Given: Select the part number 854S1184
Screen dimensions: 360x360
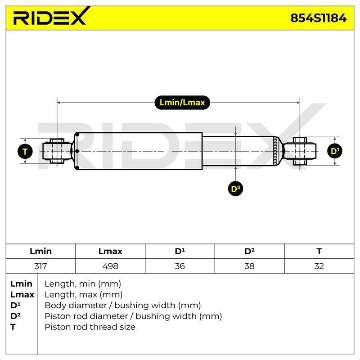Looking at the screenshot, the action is tap(319, 18).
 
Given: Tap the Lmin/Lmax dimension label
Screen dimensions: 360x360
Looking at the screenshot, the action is tap(182, 103).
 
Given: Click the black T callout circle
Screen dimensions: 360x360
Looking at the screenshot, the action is tap(25, 151).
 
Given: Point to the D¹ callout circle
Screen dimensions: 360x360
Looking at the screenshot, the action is tap(335, 151).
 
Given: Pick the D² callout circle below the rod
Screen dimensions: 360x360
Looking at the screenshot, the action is tap(235, 189).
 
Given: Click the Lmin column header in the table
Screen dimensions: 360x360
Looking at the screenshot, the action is tap(40, 251).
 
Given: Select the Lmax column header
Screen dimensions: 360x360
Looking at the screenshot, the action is tap(110, 251).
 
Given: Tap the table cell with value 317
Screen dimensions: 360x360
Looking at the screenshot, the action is tap(40, 266).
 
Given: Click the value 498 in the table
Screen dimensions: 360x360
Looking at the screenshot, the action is tap(110, 266).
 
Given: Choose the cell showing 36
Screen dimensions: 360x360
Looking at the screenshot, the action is tap(180, 266).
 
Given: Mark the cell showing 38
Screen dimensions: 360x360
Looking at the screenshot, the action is tap(249, 266).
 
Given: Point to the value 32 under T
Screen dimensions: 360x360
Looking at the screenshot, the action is tap(319, 266).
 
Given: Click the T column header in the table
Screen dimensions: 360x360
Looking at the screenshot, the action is tap(319, 251).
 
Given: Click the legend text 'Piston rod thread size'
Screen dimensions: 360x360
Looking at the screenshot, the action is tap(90, 327).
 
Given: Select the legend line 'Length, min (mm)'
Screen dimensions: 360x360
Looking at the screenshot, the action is tap(83, 284).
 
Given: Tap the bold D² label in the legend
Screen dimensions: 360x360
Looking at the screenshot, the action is tap(15, 316).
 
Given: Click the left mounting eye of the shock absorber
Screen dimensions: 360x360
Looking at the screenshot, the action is tap(57, 151).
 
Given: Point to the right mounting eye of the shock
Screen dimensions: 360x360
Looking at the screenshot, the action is tap(300, 151).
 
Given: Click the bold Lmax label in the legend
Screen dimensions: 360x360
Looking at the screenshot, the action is tap(22, 295).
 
